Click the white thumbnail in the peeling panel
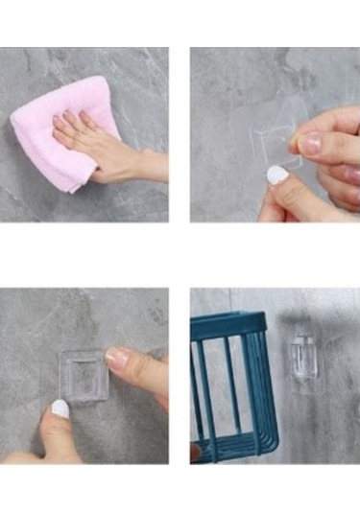point(276,175)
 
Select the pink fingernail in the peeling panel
point(309,143)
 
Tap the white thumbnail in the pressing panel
point(60,409)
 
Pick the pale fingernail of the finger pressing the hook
point(116,358)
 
